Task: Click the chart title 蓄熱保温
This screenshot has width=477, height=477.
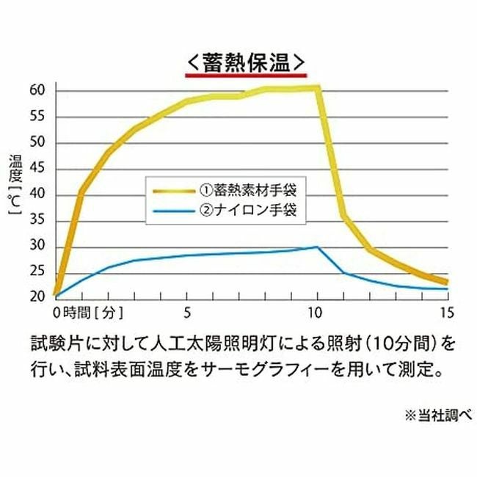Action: click(x=245, y=59)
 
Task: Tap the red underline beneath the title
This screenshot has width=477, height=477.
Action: click(x=245, y=74)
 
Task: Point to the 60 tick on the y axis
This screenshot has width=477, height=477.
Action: click(x=38, y=90)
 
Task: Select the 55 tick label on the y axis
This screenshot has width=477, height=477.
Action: click(x=38, y=116)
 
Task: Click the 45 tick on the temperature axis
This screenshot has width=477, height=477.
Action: click(x=38, y=168)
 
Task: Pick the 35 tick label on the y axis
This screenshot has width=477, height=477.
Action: click(x=38, y=220)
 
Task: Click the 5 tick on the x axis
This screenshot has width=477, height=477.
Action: click(x=189, y=311)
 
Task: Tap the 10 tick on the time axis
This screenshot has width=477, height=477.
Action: click(x=316, y=311)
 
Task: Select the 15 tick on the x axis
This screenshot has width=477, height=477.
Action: click(x=445, y=311)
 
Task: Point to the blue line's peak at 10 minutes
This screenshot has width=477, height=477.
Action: click(x=317, y=247)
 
